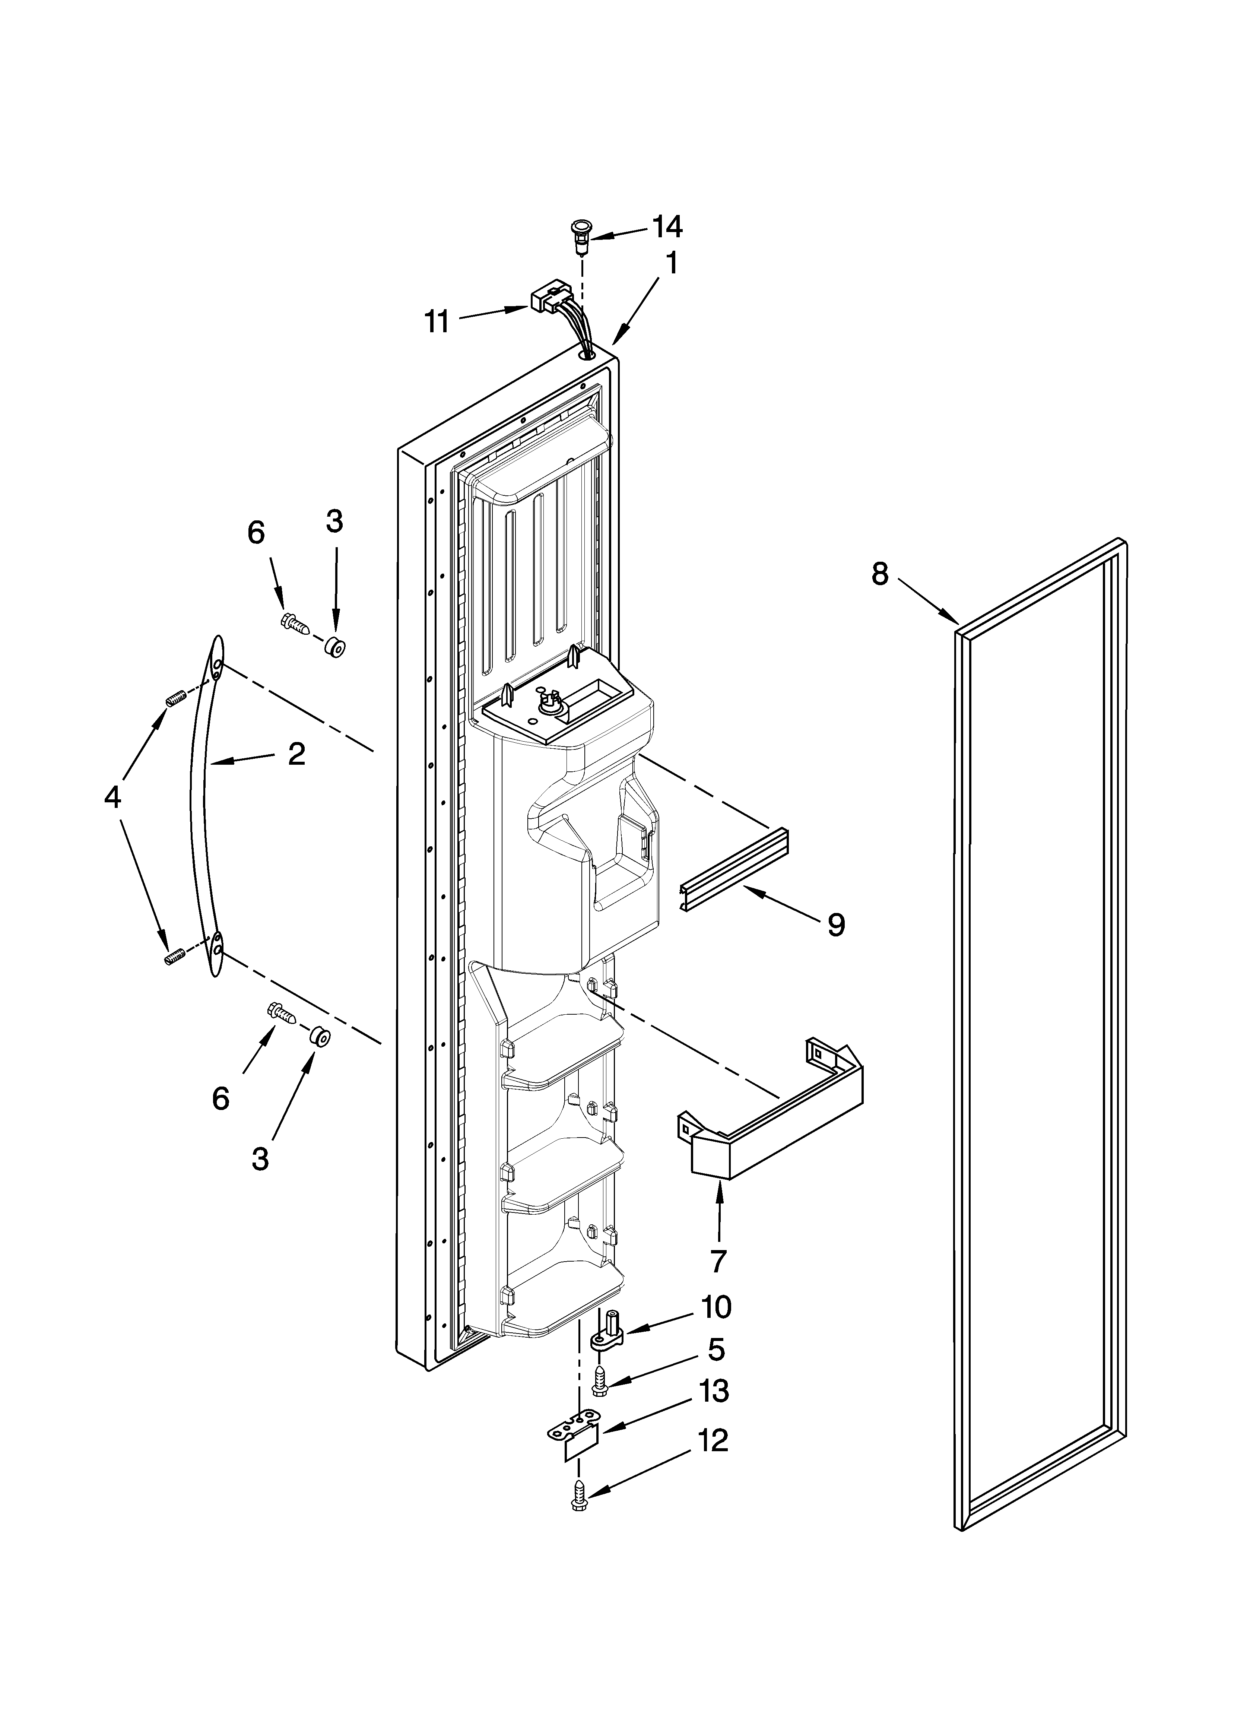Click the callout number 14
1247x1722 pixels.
coord(667,226)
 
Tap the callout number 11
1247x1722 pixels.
coord(437,322)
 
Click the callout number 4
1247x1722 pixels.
coord(112,797)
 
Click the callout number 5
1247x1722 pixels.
coord(715,1349)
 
